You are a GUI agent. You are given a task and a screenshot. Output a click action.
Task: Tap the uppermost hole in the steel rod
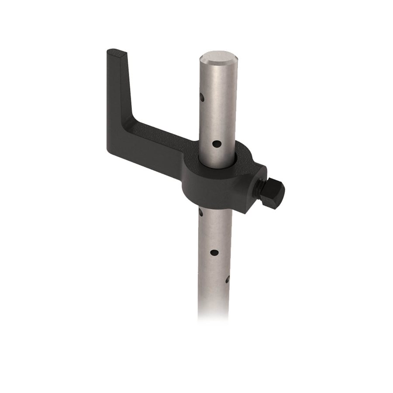point(202,97)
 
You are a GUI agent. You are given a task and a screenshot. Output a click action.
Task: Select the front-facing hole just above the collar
point(216,143)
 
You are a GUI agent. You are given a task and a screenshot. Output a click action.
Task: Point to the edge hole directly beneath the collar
point(201,213)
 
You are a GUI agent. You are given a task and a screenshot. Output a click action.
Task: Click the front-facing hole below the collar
point(214,252)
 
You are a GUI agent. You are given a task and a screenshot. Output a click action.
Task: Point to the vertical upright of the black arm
point(118,96)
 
